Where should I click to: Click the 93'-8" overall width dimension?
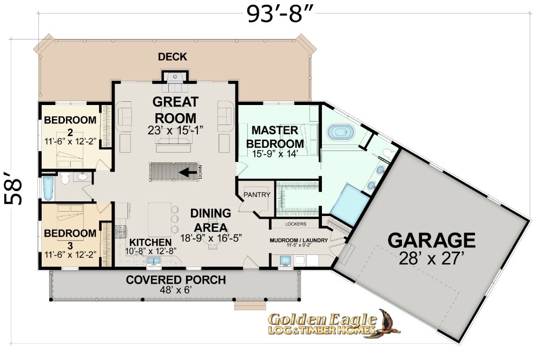pos(280,15)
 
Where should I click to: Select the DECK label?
pos(173,57)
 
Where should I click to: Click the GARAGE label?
pos(431,240)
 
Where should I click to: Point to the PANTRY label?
pos(256,195)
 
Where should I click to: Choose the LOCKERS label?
pos(296,224)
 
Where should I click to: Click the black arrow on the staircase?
pos(188,172)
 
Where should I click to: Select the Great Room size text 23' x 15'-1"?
pos(175,130)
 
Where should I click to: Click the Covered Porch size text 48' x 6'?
pos(176,290)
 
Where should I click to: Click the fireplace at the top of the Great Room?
pos(175,77)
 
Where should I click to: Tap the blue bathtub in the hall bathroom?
pos(48,188)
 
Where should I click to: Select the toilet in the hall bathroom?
pos(65,178)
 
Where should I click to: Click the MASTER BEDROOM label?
pos(275,136)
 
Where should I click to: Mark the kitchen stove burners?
pos(121,231)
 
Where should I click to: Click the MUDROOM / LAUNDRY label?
pos(299,240)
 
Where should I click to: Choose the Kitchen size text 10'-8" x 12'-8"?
pos(151,251)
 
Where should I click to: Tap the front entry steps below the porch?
pos(250,306)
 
